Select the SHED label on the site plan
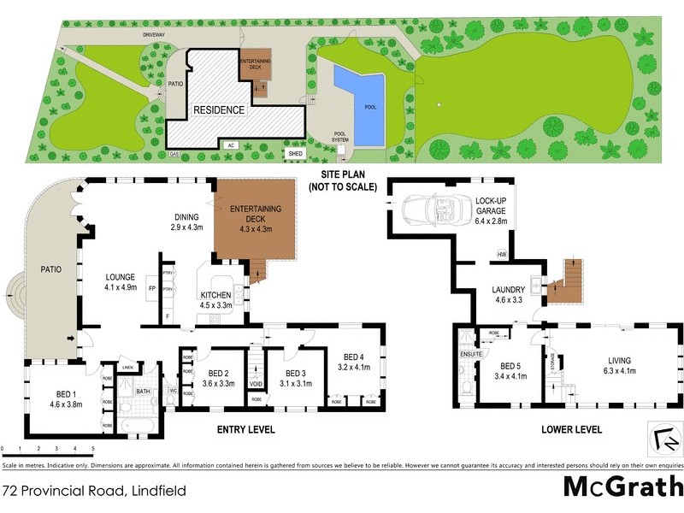coord(296,154)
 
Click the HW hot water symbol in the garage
coord(503,254)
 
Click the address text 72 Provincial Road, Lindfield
coord(93,491)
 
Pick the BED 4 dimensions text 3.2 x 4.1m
coord(354,368)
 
